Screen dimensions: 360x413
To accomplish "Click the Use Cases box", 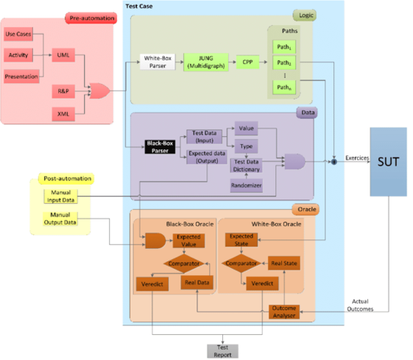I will click(20, 34).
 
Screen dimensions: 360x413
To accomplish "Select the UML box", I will click(64, 55).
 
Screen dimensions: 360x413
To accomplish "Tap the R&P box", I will click(64, 91).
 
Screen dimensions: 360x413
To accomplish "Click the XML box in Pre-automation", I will click(64, 113).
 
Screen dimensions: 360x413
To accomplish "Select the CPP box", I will click(247, 62).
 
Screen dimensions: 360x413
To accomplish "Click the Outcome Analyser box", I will click(284, 311).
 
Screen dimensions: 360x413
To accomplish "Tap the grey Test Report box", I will click(222, 350).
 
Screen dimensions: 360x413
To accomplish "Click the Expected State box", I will click(241, 241).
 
